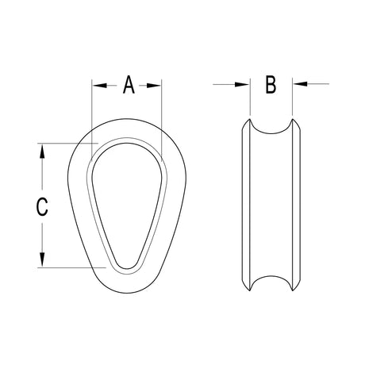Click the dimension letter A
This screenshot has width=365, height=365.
click(x=129, y=85)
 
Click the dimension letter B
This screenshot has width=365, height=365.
click(x=271, y=85)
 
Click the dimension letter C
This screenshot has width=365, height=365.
click(x=42, y=206)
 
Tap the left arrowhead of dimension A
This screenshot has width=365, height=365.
click(x=99, y=86)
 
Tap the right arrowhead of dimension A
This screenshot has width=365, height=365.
click(x=154, y=86)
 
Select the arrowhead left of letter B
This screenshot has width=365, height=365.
click(x=242, y=85)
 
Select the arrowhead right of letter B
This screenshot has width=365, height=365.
click(x=300, y=84)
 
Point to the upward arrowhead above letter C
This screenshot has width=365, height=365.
click(x=42, y=152)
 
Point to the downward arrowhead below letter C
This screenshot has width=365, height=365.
click(x=42, y=259)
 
